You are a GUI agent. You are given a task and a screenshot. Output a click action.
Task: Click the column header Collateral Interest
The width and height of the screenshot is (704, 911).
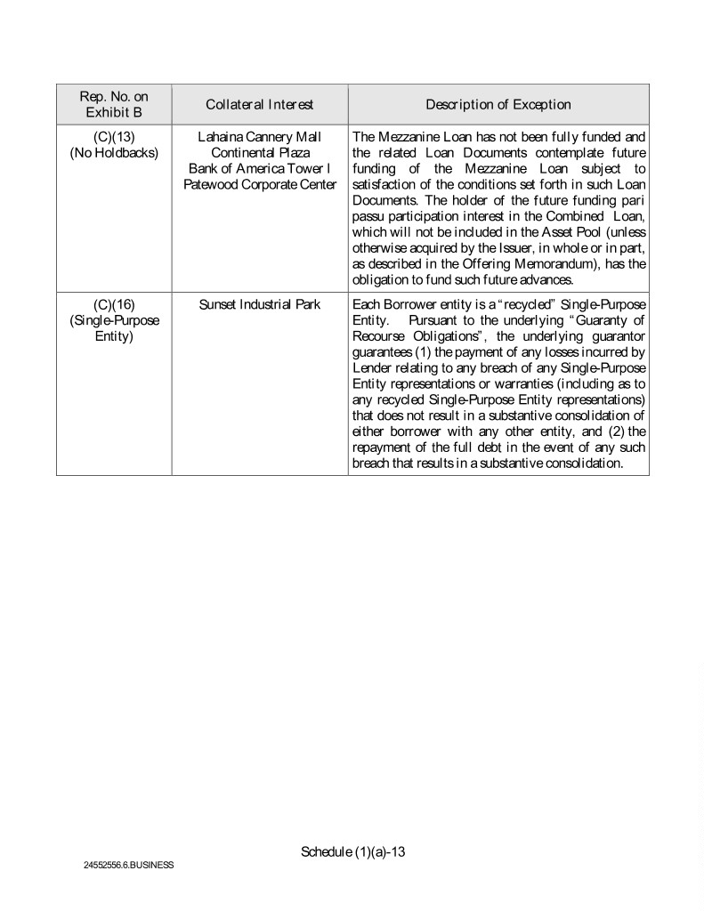[x=259, y=105]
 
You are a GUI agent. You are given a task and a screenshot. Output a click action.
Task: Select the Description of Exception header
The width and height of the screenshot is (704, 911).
[x=498, y=105]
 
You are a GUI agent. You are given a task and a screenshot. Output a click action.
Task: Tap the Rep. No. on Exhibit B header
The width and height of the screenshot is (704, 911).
[x=113, y=105]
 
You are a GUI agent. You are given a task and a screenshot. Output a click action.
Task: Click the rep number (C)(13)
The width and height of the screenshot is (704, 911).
[x=113, y=138]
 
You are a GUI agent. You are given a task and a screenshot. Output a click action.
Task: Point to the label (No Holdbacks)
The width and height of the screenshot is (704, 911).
[x=113, y=153]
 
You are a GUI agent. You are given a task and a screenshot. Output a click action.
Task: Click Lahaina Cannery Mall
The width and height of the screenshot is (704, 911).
[x=259, y=138]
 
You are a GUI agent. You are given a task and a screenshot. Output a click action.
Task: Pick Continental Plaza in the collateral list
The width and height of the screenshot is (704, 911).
[x=259, y=153]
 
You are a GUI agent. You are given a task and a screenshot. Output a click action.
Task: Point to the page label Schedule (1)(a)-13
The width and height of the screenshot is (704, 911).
[x=353, y=851]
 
